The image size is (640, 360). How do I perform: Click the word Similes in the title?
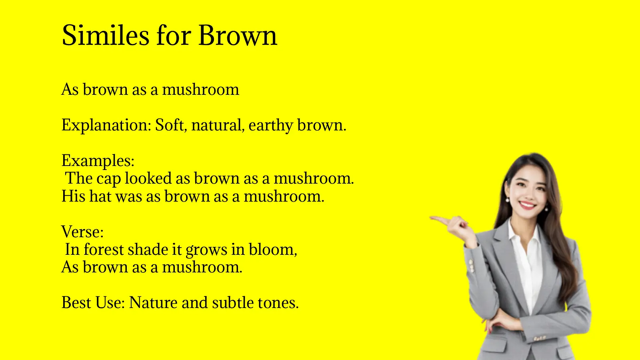point(106,35)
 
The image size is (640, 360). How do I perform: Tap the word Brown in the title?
point(237,35)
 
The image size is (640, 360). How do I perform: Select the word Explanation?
point(106,125)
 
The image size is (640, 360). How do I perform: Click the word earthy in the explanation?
point(271,125)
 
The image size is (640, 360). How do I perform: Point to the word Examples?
point(98,161)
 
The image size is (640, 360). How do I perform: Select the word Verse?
point(82,232)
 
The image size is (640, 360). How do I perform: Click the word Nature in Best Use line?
point(153,303)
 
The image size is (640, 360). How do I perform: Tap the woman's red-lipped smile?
point(527,205)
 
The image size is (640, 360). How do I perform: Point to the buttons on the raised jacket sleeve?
point(472,264)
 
